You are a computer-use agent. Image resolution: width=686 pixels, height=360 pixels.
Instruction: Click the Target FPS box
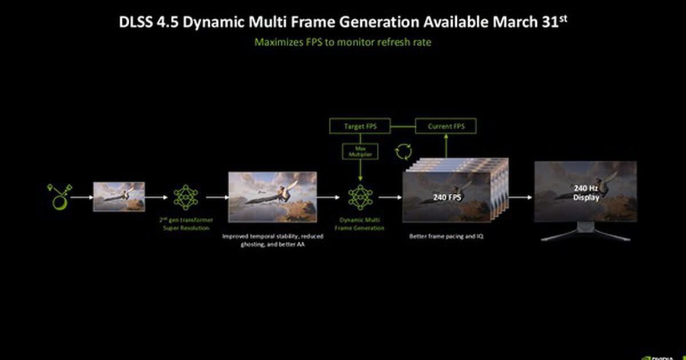point(360,126)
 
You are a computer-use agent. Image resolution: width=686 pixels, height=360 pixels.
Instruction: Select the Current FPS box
point(445,126)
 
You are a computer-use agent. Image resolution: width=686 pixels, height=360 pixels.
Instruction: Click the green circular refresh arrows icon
point(402,152)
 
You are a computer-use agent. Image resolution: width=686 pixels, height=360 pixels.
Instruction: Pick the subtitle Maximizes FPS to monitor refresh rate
point(342,42)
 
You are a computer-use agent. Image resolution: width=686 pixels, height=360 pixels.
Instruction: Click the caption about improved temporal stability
point(272,240)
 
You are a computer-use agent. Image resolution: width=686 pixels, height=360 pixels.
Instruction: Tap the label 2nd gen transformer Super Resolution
point(185,223)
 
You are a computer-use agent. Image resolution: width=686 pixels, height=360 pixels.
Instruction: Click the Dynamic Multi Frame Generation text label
point(360,223)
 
